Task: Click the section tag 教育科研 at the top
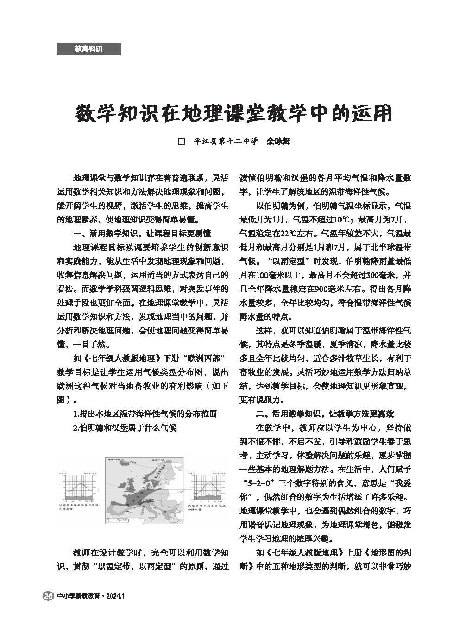click(88, 49)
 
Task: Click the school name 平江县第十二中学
click(226, 142)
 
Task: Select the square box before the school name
click(182, 142)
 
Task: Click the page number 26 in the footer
click(48, 596)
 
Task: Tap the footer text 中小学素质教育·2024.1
click(91, 596)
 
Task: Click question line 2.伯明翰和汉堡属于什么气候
click(125, 427)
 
